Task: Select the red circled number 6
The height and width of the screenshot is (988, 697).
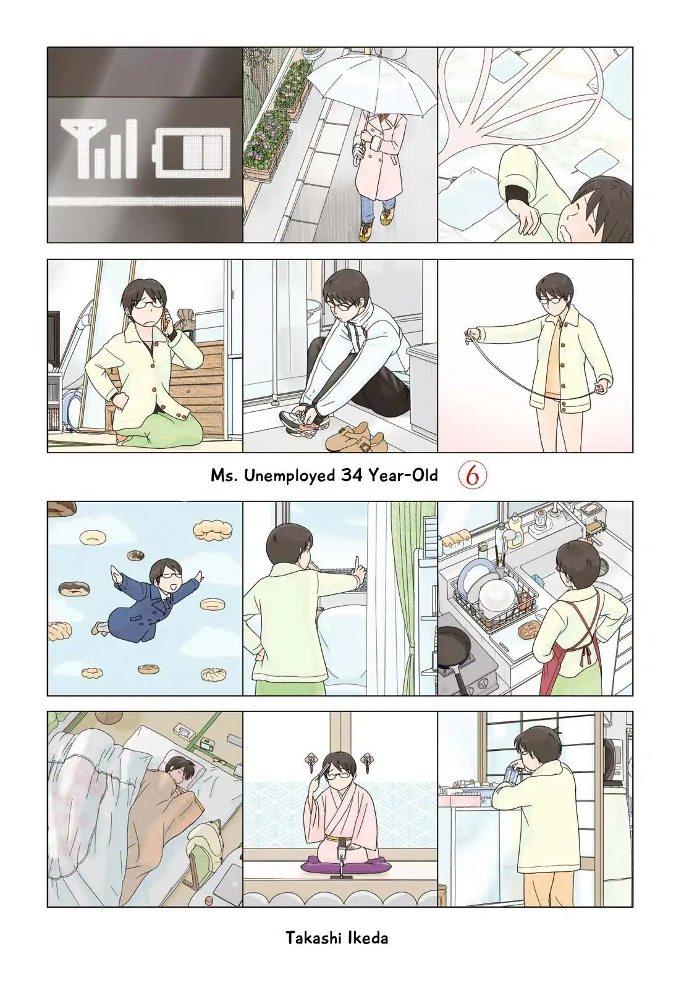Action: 471,475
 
